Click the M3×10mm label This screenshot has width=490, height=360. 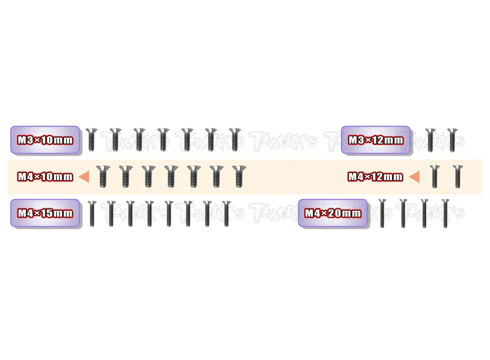(45, 140)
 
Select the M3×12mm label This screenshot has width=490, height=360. (376, 140)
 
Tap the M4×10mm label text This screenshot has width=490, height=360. (45, 177)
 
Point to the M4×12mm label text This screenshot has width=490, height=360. (376, 177)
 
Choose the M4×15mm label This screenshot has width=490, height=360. (45, 213)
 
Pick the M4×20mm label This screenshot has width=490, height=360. (333, 213)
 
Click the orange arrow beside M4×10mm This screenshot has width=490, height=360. (84, 177)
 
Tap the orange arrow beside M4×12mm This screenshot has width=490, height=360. (414, 177)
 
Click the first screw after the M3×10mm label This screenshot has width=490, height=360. (91, 140)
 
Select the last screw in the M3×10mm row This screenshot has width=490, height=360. (234, 140)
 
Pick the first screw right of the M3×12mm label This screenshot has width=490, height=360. (431, 140)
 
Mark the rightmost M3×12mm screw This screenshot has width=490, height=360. (452, 140)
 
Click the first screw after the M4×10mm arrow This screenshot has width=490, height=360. (103, 177)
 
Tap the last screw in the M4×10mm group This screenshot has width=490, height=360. (239, 177)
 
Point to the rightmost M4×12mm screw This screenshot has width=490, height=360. (458, 177)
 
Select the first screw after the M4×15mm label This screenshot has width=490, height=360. (91, 214)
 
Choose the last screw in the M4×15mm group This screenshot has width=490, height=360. (226, 214)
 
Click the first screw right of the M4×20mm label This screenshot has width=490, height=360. (382, 214)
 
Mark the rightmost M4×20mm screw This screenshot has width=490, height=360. (445, 214)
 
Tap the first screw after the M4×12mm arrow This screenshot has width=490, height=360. (434, 177)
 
